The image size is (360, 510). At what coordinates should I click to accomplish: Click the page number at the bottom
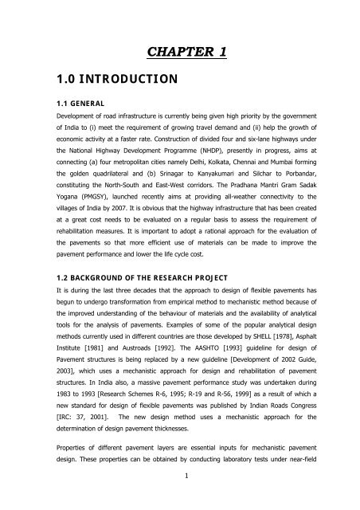pyautogui.click(x=180, y=498)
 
